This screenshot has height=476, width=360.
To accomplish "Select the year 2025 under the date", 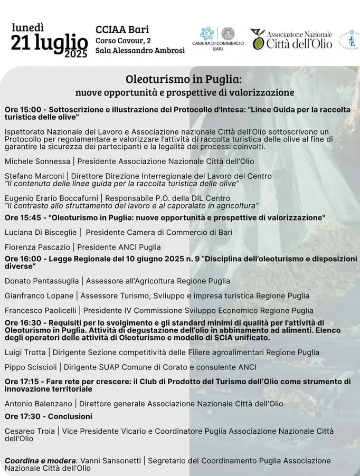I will [x=77, y=54].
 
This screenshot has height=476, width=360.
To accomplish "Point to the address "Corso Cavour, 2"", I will [x=123, y=40].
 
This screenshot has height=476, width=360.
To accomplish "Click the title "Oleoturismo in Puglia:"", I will [x=184, y=79].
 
